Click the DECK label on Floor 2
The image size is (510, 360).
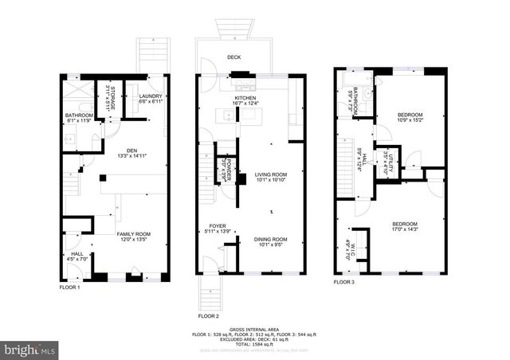click(233, 57)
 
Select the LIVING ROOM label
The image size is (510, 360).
click(271, 177)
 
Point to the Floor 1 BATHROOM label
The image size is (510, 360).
click(80, 119)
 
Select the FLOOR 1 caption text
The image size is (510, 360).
click(70, 287)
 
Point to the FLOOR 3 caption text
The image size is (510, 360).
click(344, 282)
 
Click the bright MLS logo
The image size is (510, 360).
click(30, 349)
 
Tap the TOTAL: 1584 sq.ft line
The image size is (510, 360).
click(254, 344)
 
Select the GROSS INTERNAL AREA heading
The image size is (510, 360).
click(254, 329)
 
